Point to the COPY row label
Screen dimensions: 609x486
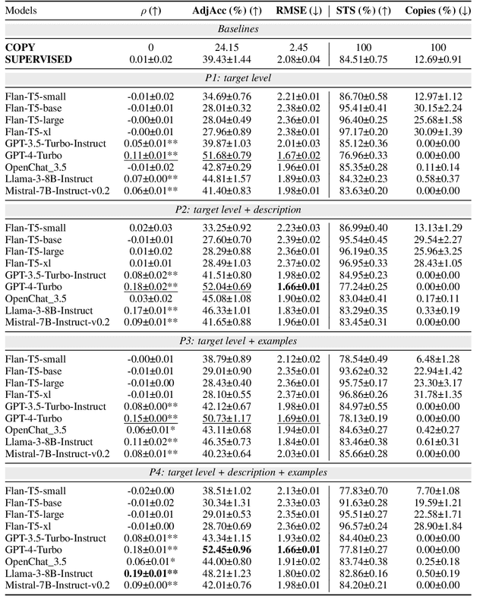point(23,47)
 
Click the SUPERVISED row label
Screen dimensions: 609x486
point(39,58)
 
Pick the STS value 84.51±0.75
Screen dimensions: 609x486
point(364,58)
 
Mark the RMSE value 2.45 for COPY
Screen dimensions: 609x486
point(293,47)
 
